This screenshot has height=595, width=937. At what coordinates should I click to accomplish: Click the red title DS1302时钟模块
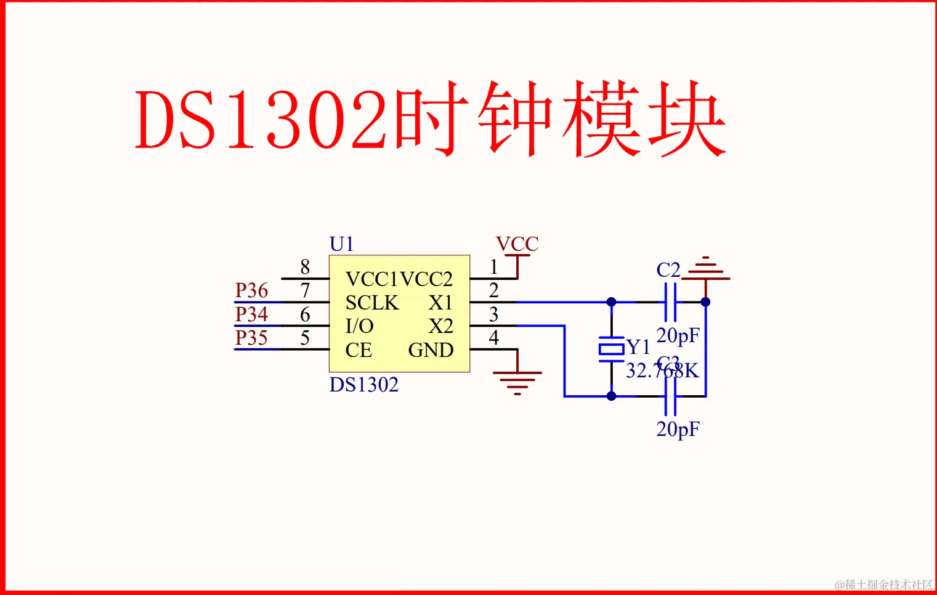[430, 119]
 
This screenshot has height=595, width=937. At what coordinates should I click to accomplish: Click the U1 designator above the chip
[342, 244]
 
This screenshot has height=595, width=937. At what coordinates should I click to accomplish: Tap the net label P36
[251, 290]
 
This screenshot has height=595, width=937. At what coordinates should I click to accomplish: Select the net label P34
[251, 314]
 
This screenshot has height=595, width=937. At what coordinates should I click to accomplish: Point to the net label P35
[251, 338]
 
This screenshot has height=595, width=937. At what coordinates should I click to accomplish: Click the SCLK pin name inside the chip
[372, 303]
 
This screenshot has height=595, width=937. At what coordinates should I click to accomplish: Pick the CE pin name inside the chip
[359, 350]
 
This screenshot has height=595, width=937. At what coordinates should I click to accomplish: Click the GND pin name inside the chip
[431, 350]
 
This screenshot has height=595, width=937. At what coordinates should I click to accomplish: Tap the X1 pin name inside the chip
[440, 303]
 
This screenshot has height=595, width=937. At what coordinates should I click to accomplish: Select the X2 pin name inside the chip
[440, 326]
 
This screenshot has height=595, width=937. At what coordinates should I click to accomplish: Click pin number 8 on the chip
[305, 267]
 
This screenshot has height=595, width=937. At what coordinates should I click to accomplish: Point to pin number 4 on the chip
[493, 338]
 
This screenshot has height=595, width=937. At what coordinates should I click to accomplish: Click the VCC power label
[517, 244]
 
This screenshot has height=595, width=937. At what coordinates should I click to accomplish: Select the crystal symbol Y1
[611, 350]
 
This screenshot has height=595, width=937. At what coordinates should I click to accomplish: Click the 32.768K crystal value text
[662, 371]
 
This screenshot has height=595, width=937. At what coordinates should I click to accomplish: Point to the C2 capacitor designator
[668, 270]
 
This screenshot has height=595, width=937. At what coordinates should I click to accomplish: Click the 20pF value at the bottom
[678, 429]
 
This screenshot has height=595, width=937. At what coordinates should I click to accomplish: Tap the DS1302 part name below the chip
[364, 385]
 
